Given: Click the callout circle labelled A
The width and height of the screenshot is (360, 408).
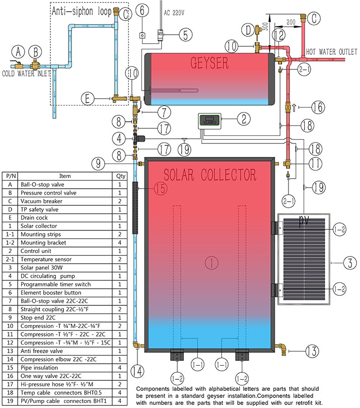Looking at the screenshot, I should pyautogui.click(x=19, y=51).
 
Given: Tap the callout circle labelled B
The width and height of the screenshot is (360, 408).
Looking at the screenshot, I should pyautogui.click(x=36, y=51).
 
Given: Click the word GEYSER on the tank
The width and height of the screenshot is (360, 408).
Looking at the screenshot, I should pyautogui.click(x=210, y=63).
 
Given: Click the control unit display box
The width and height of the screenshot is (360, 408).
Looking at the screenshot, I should pyautogui.click(x=208, y=121).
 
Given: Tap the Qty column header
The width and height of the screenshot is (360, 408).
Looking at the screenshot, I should pyautogui.click(x=120, y=177).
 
